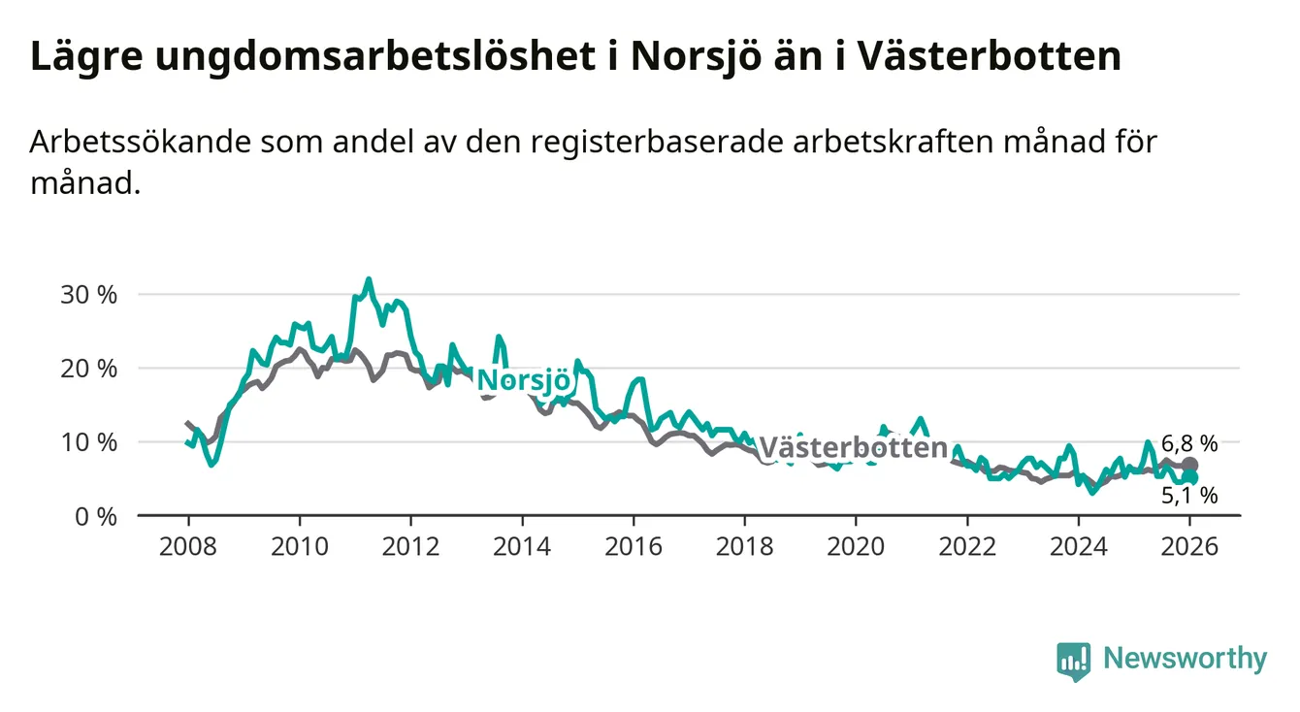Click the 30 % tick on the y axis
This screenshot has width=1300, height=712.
pos(88,294)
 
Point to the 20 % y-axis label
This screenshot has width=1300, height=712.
pos(88,369)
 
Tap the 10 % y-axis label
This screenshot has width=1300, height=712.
pos(88,442)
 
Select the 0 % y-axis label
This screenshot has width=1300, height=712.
pos(95,516)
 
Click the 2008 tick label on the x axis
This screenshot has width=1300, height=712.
pos(188,546)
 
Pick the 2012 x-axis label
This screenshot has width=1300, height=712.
pos(411,546)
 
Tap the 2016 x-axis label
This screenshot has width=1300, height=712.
pos(634,546)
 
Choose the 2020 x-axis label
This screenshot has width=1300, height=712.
pos(856,546)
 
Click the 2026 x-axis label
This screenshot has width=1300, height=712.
pos(1189,546)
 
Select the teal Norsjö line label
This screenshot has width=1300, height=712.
pos(523,380)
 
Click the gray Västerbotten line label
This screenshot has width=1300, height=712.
pos(853,447)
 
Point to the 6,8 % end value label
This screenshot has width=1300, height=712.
pos(1188,444)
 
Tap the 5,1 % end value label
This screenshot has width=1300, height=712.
pos(1188,496)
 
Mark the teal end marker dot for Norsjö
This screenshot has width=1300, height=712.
pos(1189,478)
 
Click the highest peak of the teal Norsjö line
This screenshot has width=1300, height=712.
pos(368,279)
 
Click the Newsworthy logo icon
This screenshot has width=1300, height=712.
pos(1074,660)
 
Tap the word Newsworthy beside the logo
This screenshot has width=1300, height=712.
pos(1185,660)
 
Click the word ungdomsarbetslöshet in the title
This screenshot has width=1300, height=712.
pos(373,57)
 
